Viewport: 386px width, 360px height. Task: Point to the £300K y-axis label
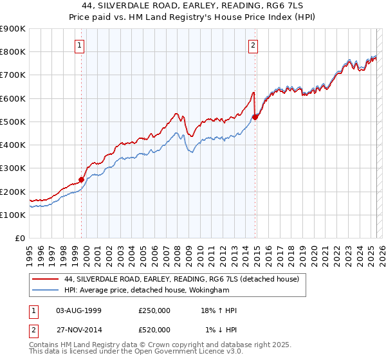[13, 168]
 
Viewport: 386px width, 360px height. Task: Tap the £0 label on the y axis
[19, 239]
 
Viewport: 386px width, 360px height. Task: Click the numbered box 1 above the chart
[79, 45]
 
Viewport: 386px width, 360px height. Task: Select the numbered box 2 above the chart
[253, 45]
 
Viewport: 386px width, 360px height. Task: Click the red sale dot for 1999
[82, 180]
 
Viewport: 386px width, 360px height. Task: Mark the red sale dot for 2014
[255, 117]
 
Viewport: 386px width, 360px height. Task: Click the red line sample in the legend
[44, 279]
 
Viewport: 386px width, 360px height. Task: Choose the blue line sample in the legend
[44, 290]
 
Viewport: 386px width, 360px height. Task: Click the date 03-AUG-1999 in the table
[79, 310]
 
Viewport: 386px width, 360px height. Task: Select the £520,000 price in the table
[154, 329]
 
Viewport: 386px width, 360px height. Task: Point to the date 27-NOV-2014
[79, 329]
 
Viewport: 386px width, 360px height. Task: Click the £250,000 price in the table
[154, 310]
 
